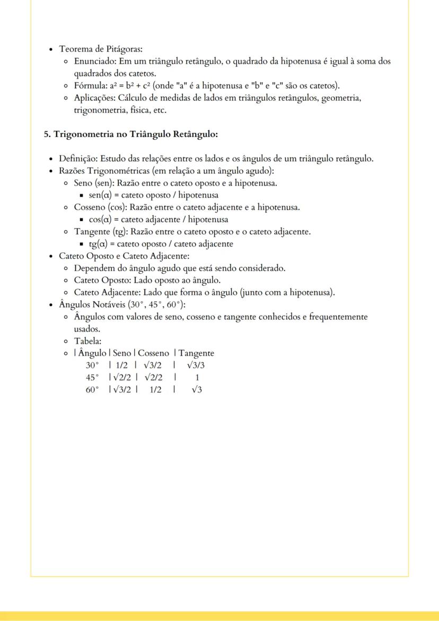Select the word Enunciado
[95, 62]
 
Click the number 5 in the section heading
[46, 134]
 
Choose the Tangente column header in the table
[196, 353]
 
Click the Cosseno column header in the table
[154, 353]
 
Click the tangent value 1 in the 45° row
[197, 378]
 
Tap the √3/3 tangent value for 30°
[196, 365]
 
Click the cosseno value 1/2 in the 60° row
[155, 390]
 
